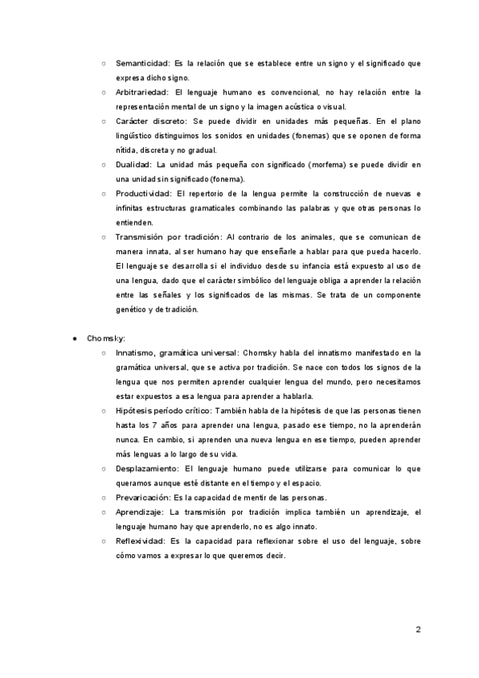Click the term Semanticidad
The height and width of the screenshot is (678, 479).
point(143,62)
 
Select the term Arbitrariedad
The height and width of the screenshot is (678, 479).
point(143,92)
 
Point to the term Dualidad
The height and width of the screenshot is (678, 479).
point(134,164)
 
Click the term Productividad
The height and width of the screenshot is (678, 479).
point(144,193)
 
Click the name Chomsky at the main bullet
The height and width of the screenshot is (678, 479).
point(106,338)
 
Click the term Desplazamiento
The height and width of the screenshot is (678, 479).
point(148,468)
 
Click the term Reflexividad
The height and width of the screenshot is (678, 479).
point(141,540)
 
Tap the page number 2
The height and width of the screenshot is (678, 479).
point(418,629)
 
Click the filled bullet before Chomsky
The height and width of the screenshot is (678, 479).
point(74,338)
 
